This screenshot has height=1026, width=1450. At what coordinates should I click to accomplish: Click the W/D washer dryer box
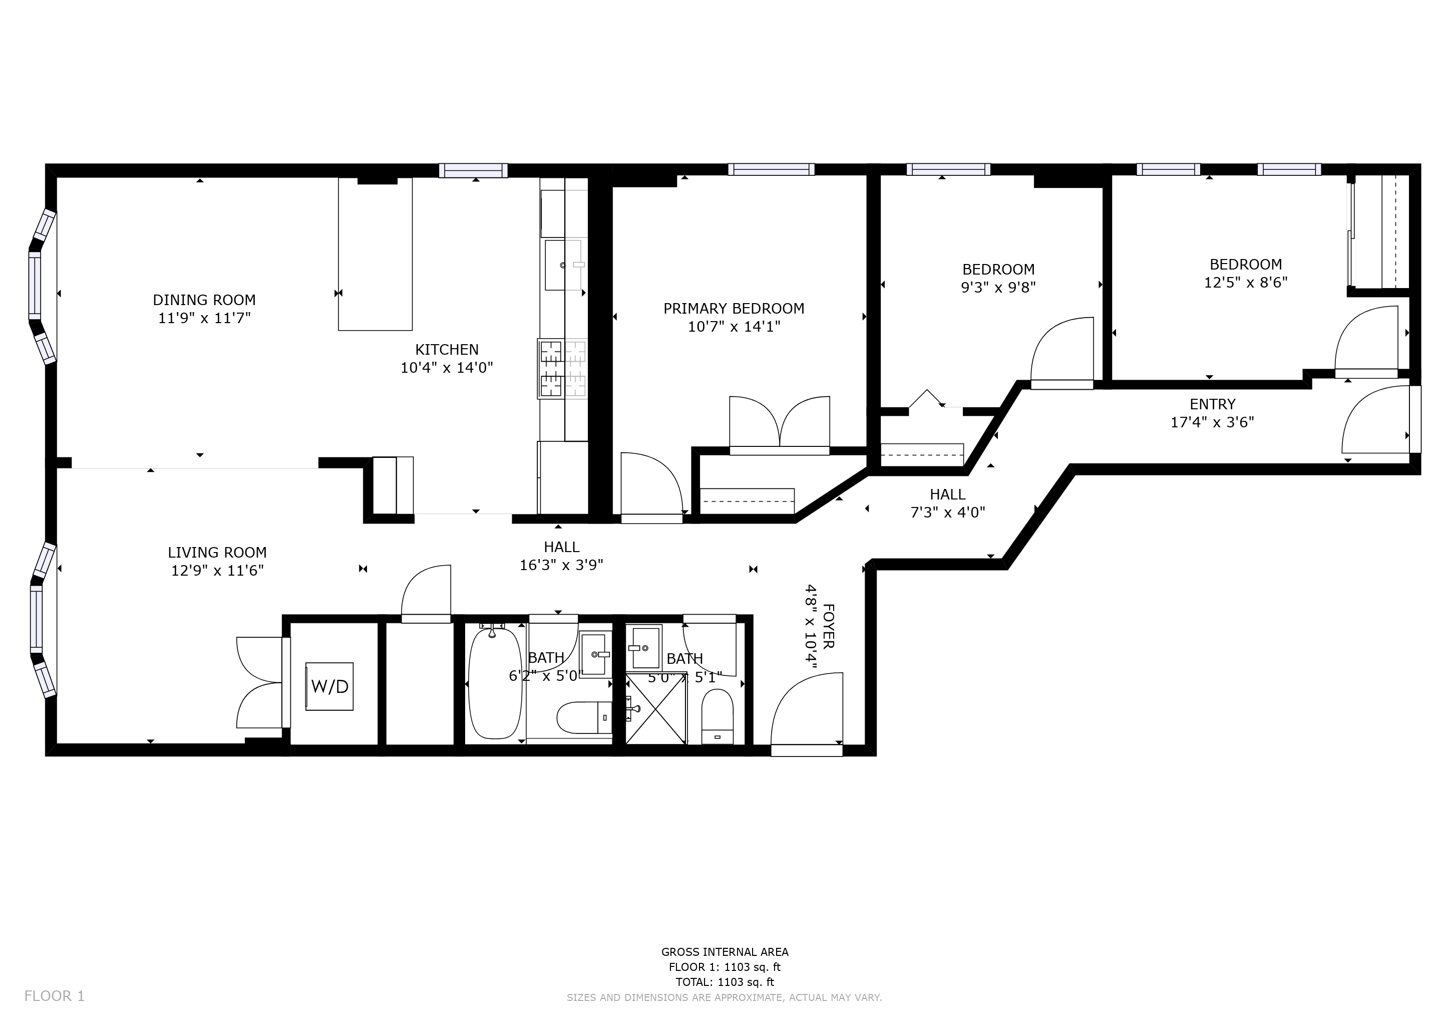(x=329, y=686)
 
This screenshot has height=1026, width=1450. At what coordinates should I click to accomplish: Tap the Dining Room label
(x=204, y=300)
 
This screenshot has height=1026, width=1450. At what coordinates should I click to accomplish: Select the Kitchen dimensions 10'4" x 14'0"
(x=447, y=368)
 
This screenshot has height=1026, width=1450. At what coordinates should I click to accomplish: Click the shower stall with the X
(x=655, y=709)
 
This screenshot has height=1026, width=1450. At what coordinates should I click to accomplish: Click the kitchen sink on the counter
(x=564, y=265)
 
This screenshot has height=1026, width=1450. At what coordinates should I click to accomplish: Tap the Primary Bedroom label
(x=734, y=308)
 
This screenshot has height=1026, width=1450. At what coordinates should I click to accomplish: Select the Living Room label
(x=217, y=552)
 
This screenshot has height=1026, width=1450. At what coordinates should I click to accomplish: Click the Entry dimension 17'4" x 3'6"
(x=1212, y=422)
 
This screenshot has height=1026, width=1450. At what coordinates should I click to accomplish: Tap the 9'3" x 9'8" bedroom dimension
(x=998, y=288)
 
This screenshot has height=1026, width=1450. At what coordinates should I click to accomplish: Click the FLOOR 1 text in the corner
(x=54, y=996)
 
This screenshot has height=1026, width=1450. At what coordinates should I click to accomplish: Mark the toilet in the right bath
(x=717, y=716)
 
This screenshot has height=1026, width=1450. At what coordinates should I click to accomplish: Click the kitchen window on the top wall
(x=474, y=170)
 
